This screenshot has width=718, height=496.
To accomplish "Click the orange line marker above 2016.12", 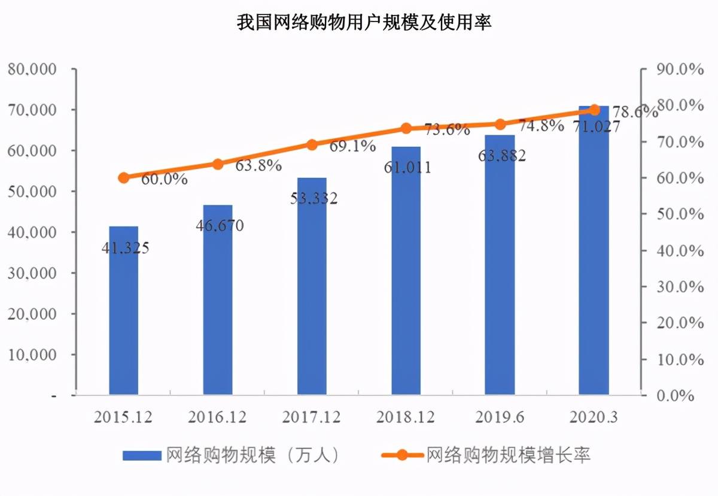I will pyautogui.click(x=218, y=164).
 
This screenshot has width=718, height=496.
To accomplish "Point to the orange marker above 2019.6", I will pyautogui.click(x=500, y=124).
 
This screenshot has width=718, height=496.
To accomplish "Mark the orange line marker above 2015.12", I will pyautogui.click(x=124, y=177).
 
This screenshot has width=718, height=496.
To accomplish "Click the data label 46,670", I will pyautogui.click(x=220, y=226).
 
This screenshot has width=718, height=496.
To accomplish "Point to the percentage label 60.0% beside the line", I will pyautogui.click(x=164, y=179).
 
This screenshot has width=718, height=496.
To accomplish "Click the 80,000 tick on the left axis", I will pyautogui.click(x=41, y=69).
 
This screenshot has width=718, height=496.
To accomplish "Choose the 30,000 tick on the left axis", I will pyautogui.click(x=41, y=273).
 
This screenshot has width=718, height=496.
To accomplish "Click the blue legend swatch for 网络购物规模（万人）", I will pyautogui.click(x=142, y=455).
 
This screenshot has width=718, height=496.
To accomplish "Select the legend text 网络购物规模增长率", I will pyautogui.click(x=508, y=455).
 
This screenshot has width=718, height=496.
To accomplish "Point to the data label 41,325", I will pyautogui.click(x=126, y=247).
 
